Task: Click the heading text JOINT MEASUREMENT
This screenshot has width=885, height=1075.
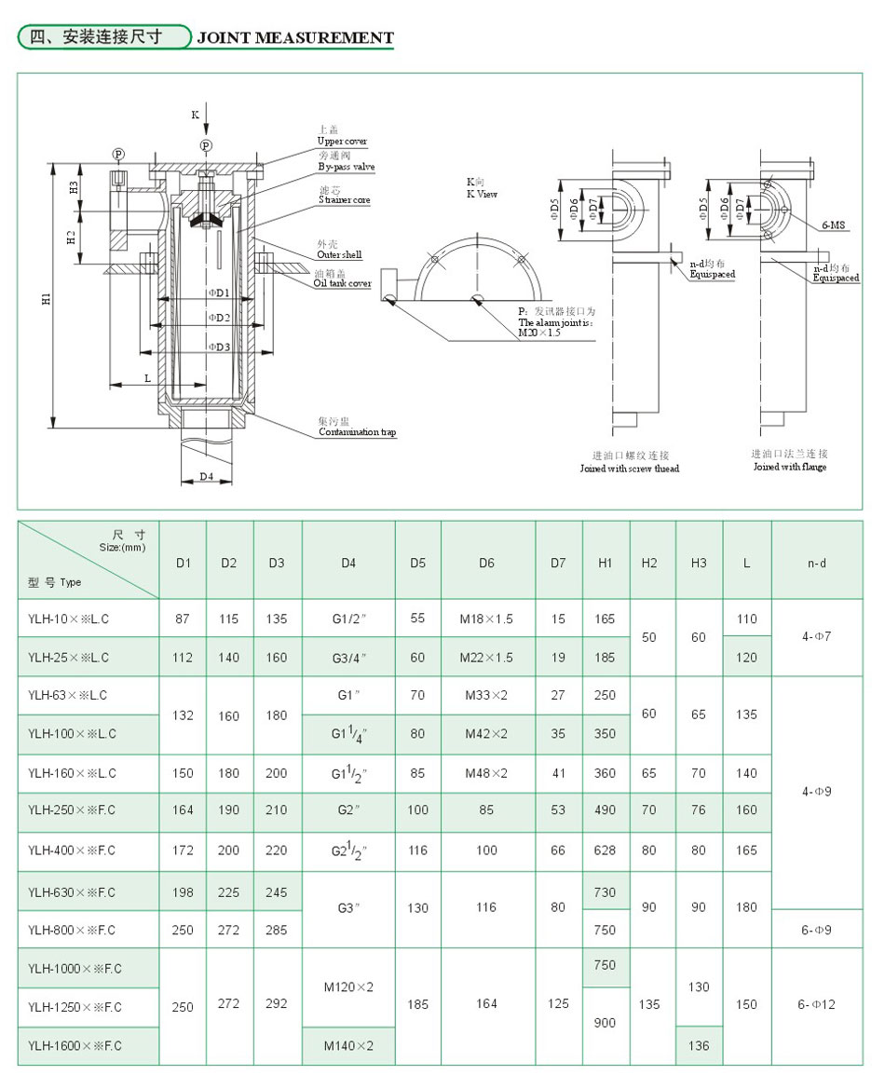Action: pyautogui.click(x=295, y=38)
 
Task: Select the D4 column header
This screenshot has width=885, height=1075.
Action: pyautogui.click(x=348, y=563)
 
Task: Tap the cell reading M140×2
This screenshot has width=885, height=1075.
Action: pyautogui.click(x=348, y=1046)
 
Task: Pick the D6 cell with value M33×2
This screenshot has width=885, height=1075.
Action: pyautogui.click(x=487, y=695)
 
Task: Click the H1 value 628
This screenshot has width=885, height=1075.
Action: pyautogui.click(x=606, y=850)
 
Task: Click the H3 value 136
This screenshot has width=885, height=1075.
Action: pyautogui.click(x=699, y=1046)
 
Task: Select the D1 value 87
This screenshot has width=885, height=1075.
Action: pyautogui.click(x=184, y=619)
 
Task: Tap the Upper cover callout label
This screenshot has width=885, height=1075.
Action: pyautogui.click(x=342, y=142)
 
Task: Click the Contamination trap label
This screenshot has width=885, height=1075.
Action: pyautogui.click(x=357, y=432)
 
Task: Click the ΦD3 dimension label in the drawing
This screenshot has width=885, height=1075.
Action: pyautogui.click(x=218, y=347)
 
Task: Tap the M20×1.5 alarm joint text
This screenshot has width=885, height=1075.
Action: pyautogui.click(x=539, y=333)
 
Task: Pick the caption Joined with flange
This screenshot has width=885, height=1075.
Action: pyautogui.click(x=790, y=467)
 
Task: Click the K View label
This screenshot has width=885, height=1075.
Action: pyautogui.click(x=482, y=194)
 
